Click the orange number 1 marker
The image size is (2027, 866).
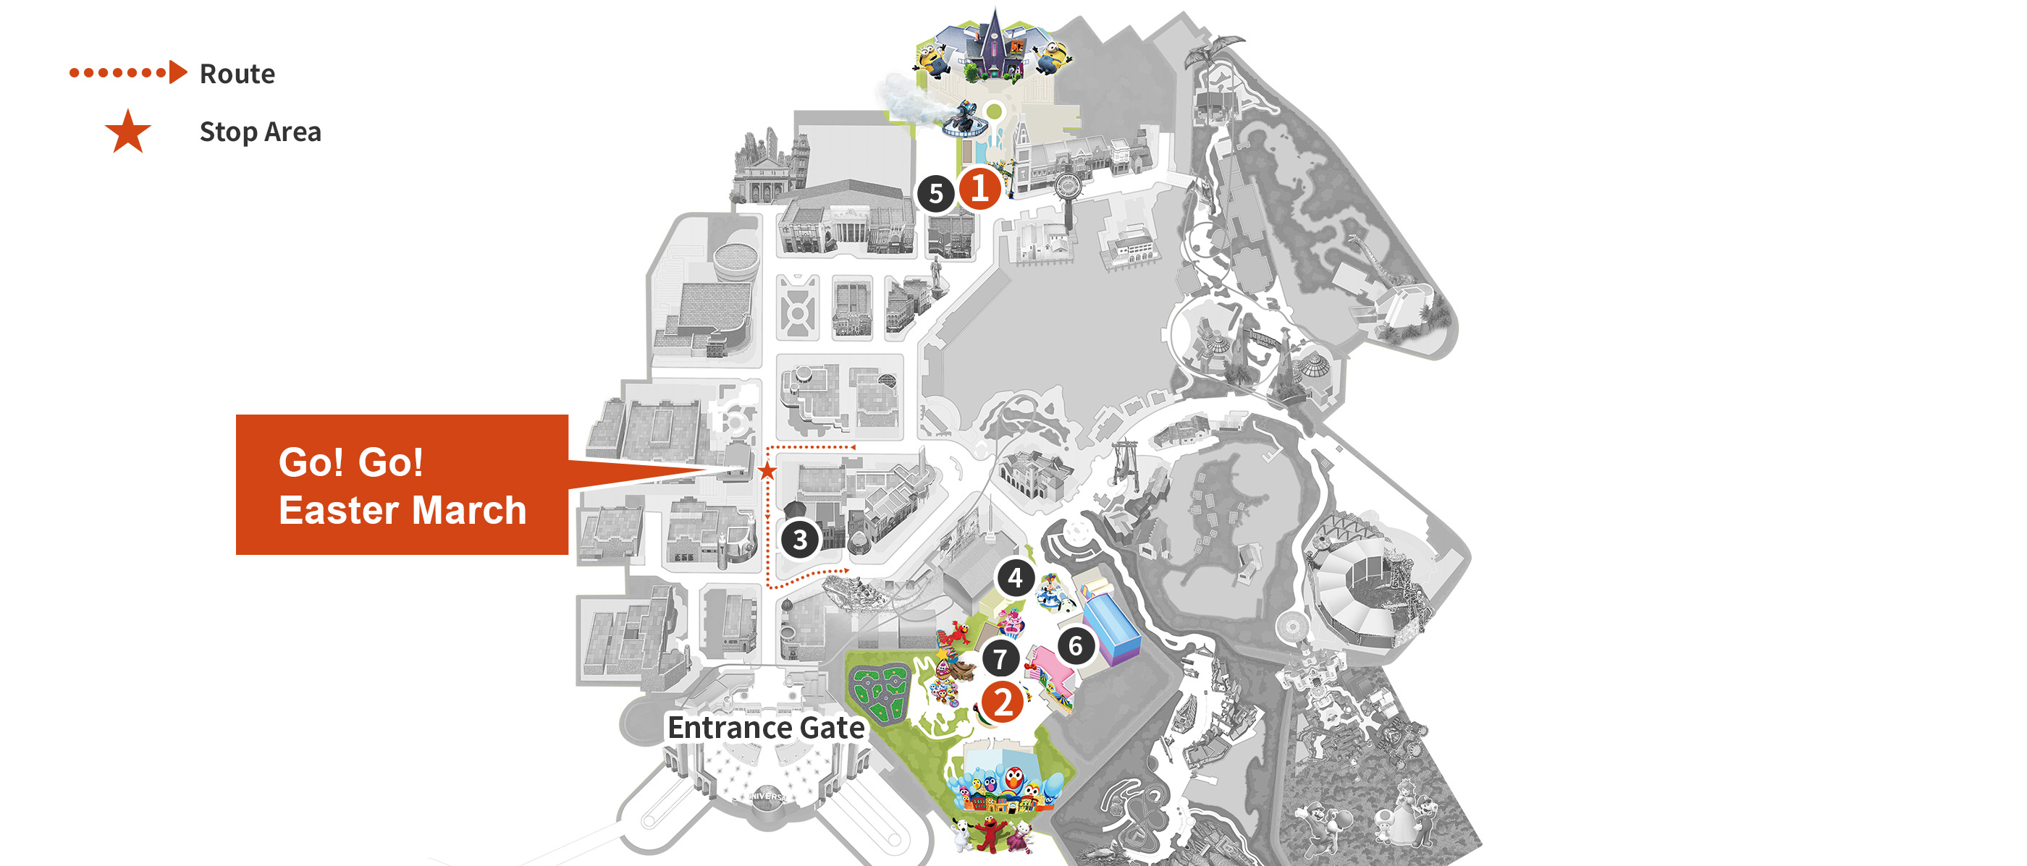(979, 189)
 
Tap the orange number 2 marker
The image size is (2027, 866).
(1003, 702)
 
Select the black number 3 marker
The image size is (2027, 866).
(800, 540)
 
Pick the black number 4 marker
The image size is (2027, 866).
(1015, 578)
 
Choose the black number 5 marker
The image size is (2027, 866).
(935, 193)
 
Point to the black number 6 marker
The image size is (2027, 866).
(1076, 647)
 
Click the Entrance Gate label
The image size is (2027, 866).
(766, 728)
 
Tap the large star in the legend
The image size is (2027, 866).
(127, 132)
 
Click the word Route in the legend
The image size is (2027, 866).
(237, 74)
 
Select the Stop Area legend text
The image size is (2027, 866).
(260, 132)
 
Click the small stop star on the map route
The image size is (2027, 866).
(767, 471)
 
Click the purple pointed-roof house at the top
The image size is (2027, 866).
(994, 43)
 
